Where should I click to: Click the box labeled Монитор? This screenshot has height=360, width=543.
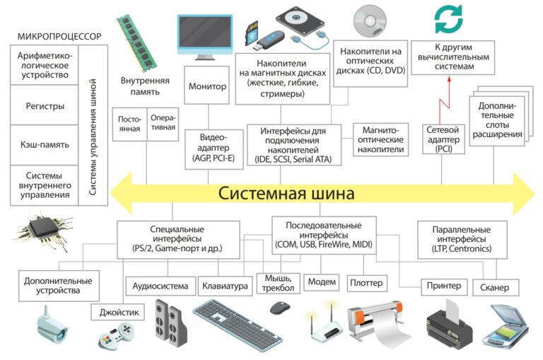coord(207,86)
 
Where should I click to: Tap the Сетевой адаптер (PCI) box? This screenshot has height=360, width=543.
coord(444,139)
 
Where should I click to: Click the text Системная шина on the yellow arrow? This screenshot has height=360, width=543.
coord(286,192)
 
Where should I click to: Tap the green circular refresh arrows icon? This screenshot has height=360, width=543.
coord(448,20)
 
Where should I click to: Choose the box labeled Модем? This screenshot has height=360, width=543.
coord(322,281)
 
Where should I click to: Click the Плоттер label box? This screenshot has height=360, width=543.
coord(366,283)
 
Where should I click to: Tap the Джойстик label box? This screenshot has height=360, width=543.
coord(117,311)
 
